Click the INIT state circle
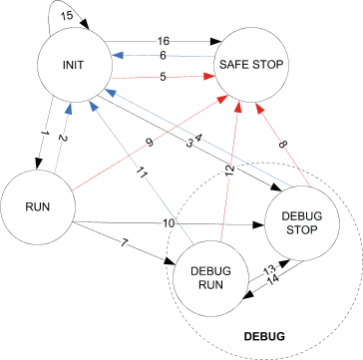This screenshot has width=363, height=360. [73, 68]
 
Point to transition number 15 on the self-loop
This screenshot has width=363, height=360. [39, 15]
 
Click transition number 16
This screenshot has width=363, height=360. [164, 41]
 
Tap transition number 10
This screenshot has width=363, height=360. [170, 221]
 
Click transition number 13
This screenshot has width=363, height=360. [267, 270]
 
